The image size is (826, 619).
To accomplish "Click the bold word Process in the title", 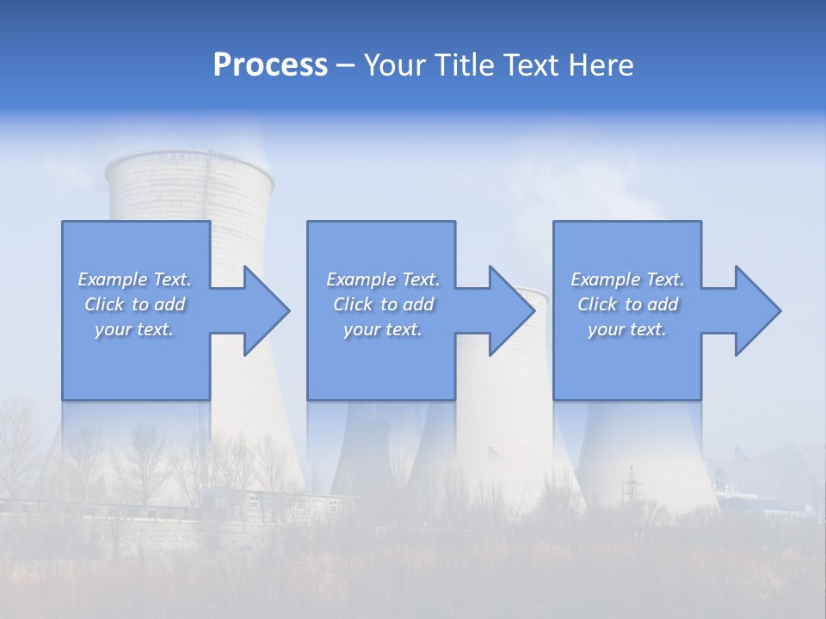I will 270,65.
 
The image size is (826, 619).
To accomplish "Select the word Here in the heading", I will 601,65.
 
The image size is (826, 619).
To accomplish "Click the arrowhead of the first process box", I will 267,310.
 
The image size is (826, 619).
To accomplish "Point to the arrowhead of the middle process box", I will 513,310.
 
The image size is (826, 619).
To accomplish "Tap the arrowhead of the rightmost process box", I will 758,310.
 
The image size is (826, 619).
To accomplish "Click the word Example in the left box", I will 112,279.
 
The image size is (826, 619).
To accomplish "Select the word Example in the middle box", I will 360,279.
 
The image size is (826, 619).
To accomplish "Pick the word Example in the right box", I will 604,279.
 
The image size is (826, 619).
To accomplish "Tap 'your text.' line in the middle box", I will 382,329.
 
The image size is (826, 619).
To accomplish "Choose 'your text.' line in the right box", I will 626,329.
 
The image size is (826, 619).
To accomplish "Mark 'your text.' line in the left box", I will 134,329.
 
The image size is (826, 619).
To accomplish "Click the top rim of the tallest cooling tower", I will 188,159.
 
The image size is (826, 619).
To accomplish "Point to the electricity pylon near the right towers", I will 632,486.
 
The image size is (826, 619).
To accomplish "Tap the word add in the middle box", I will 418,304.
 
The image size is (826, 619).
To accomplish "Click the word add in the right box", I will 663,304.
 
